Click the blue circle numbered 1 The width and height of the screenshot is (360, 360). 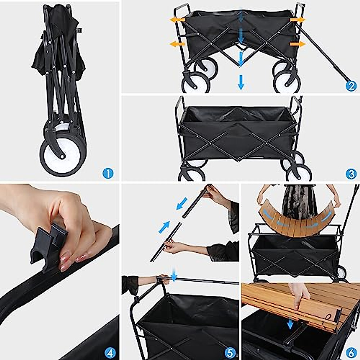pos(108,173)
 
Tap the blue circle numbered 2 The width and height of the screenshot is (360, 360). pos(351,86)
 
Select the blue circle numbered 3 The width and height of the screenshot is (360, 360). pos(351,174)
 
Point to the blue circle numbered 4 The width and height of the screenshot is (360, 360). pos(111,353)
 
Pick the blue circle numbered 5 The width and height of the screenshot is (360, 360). pos(230,353)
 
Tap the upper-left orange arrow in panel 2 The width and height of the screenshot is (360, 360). pos(177,20)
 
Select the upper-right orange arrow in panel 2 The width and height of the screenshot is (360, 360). pos(297,20)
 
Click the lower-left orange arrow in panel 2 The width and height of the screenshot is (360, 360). pos(177,44)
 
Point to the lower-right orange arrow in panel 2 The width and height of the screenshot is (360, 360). pos(297,44)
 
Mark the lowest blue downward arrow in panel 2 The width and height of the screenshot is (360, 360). pos(241,82)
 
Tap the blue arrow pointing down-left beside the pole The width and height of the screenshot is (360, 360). pos(182,203)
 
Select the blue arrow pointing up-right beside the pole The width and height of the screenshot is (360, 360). pos(164,227)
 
